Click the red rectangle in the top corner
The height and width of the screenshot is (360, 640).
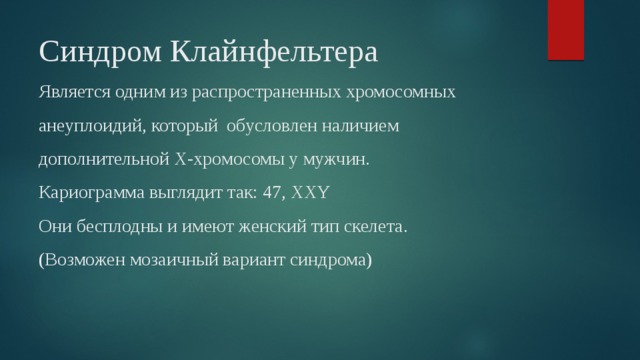click(x=566, y=31)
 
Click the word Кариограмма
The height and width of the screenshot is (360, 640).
click(x=88, y=193)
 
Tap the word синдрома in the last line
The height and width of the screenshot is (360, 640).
click(x=329, y=260)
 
